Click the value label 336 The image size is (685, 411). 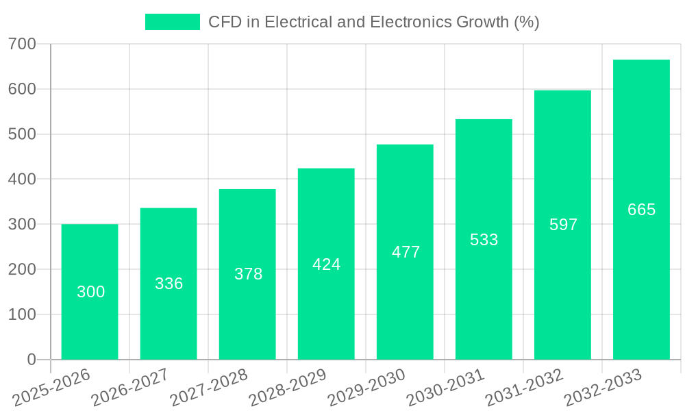pyautogui.click(x=169, y=284)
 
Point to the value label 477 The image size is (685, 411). pyautogui.click(x=406, y=252)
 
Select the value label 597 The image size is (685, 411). pyautogui.click(x=563, y=225)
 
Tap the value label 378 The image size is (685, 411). pyautogui.click(x=248, y=274)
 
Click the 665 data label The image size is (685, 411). pyautogui.click(x=641, y=210)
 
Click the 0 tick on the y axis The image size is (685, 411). pyautogui.click(x=31, y=360)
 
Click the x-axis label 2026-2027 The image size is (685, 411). pyautogui.click(x=130, y=387)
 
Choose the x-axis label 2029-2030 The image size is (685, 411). pyautogui.click(x=366, y=387)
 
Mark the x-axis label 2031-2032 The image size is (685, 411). pyautogui.click(x=524, y=387)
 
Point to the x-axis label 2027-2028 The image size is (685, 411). pyautogui.click(x=209, y=387)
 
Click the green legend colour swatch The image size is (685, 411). pyautogui.click(x=172, y=22)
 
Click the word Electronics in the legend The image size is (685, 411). pyautogui.click(x=411, y=22)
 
